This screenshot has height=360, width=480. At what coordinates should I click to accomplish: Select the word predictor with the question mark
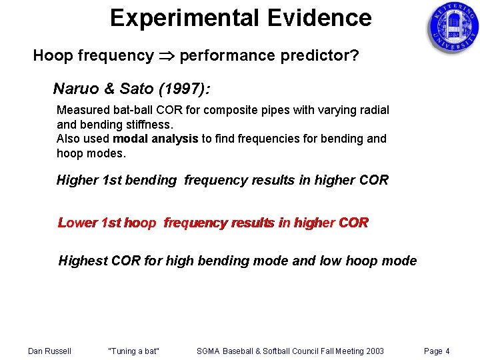point(313,56)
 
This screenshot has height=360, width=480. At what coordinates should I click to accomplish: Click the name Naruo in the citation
point(74,89)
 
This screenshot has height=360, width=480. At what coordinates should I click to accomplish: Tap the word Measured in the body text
point(83,110)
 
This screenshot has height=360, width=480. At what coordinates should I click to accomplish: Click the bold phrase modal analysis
point(155,139)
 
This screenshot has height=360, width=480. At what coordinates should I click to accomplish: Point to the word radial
point(374,110)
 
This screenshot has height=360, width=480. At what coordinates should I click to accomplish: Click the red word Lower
point(77,223)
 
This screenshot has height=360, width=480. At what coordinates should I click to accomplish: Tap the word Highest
point(82,261)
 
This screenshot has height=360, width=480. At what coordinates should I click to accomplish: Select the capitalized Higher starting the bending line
point(76,180)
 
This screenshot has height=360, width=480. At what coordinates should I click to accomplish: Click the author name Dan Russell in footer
point(49,351)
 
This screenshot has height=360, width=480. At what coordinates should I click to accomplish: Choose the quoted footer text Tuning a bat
point(133,351)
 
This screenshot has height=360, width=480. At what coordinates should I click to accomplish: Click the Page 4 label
point(437,351)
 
